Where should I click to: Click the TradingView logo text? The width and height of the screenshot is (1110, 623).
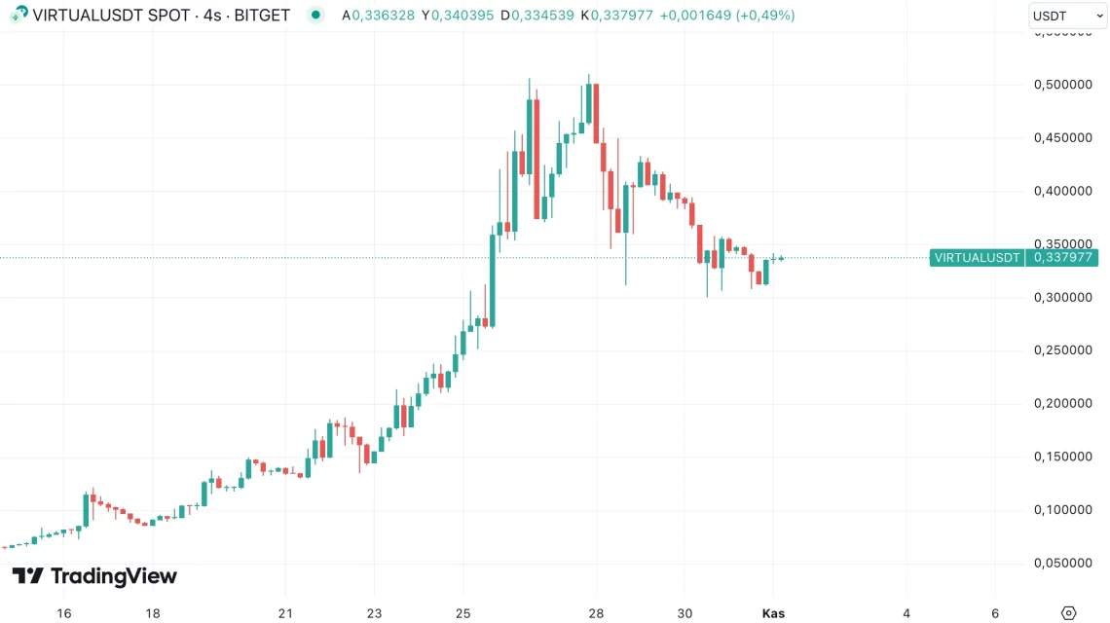tap(113, 576)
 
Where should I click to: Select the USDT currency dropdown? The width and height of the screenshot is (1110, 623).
tap(1064, 16)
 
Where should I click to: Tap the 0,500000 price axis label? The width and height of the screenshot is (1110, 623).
tap(1062, 85)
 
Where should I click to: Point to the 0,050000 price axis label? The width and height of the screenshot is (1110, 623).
tap(1062, 563)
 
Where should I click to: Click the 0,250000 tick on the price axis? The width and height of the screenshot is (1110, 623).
tap(1062, 350)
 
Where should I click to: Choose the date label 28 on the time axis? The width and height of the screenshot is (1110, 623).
tap(597, 613)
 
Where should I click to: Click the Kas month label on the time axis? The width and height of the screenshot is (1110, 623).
tap(773, 613)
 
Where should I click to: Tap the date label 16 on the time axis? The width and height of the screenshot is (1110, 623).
tap(64, 613)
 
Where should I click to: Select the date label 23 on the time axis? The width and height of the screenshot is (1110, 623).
tap(375, 613)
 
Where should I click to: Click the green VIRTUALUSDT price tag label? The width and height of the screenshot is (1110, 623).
tap(977, 258)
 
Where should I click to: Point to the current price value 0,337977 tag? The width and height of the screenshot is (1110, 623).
tap(1062, 258)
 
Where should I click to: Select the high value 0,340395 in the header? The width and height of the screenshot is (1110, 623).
tap(462, 16)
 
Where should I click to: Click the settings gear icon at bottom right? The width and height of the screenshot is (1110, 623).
tap(1068, 613)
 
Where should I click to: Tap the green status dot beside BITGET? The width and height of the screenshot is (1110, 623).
tap(315, 16)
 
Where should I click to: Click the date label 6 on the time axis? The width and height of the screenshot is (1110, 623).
tap(995, 613)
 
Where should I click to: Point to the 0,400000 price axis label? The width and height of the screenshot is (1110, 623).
tap(1062, 191)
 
